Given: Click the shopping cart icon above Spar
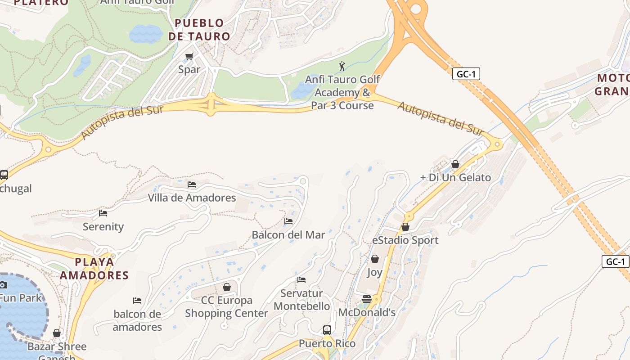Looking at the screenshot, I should tap(189, 57).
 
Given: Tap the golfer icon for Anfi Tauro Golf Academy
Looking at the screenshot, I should tap(342, 66).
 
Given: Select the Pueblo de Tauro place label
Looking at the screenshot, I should tap(199, 30).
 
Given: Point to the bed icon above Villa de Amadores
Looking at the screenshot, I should tap(192, 184).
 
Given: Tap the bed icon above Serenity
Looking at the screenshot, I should tap(103, 213).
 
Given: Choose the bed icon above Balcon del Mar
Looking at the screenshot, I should tap(288, 221).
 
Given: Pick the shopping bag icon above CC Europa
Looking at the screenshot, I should tap(227, 287).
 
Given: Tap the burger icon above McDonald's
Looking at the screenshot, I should tap(367, 299).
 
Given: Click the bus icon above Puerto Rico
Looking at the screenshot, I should tap(327, 330).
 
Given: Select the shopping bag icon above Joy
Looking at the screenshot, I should tap(374, 259).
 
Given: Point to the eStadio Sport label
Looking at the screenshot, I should tap(405, 240).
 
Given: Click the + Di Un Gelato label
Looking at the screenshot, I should tap(455, 177).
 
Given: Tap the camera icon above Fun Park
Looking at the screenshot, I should tap(3, 285).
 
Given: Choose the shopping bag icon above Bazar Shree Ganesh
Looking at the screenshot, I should tap(57, 333).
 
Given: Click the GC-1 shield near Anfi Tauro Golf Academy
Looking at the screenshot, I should tap(466, 74).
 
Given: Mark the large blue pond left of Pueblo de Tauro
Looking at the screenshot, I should tap(146, 34).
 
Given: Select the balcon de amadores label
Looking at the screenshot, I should tap(137, 320).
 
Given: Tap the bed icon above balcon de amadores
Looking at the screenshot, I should tap(137, 301).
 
